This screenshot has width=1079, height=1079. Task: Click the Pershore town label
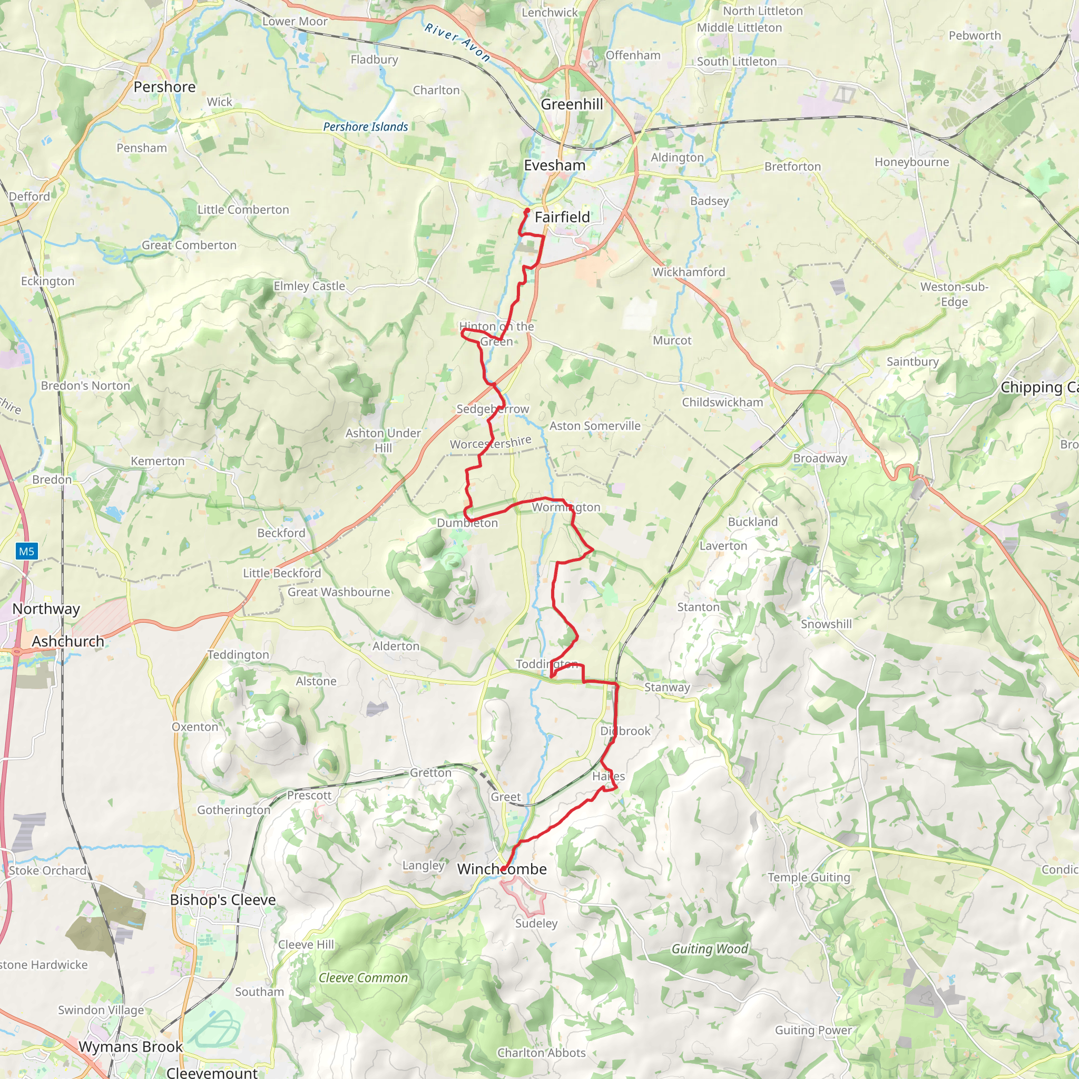164,87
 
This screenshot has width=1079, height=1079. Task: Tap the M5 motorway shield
26,551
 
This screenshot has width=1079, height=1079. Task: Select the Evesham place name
554,165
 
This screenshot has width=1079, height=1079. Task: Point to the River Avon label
457,42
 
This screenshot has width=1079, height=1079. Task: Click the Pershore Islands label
365,127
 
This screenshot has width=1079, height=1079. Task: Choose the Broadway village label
820,458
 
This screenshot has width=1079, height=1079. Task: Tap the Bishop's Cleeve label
222,900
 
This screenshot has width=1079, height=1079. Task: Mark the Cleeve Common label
363,978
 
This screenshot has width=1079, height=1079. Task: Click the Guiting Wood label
709,949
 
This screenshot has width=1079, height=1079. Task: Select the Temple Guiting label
809,877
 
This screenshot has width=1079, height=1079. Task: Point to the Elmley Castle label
309,286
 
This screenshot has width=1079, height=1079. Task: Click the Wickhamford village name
689,272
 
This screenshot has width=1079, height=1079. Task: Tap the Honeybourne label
911,162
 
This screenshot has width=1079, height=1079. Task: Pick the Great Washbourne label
338,592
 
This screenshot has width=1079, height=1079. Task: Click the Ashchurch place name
67,641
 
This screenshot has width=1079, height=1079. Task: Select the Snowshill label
826,624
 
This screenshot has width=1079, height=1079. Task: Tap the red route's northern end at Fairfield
527,210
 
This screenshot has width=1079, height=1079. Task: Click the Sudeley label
536,923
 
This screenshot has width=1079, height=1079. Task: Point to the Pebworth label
975,36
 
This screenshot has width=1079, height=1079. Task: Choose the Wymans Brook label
130,1047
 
